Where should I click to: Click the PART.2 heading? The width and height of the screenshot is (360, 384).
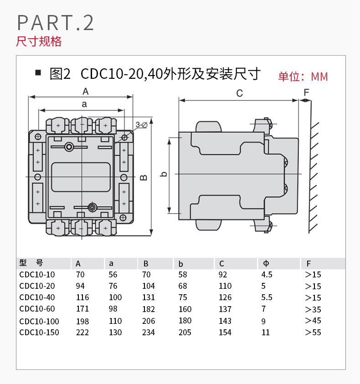point(55,23)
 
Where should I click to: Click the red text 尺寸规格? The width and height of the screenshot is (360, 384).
point(39,41)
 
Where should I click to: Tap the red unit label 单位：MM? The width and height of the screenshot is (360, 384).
point(303,77)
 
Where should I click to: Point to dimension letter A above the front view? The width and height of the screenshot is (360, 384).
point(85,91)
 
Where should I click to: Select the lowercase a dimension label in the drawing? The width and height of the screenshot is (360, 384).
point(84,104)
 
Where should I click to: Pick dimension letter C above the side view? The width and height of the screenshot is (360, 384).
point(240,93)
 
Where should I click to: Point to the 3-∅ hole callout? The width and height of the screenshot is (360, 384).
point(141,124)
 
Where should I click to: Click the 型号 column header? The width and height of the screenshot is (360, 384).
point(31,263)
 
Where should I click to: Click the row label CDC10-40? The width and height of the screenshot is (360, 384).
point(38,297)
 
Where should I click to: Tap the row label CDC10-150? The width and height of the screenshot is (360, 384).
point(40,333)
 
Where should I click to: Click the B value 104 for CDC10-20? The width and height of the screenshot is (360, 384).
point(149,286)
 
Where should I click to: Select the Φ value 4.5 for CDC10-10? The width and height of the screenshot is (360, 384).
point(267,275)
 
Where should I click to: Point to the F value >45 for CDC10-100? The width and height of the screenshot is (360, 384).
point(313,321)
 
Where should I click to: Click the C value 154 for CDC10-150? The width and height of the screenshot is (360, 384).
point(225,333)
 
